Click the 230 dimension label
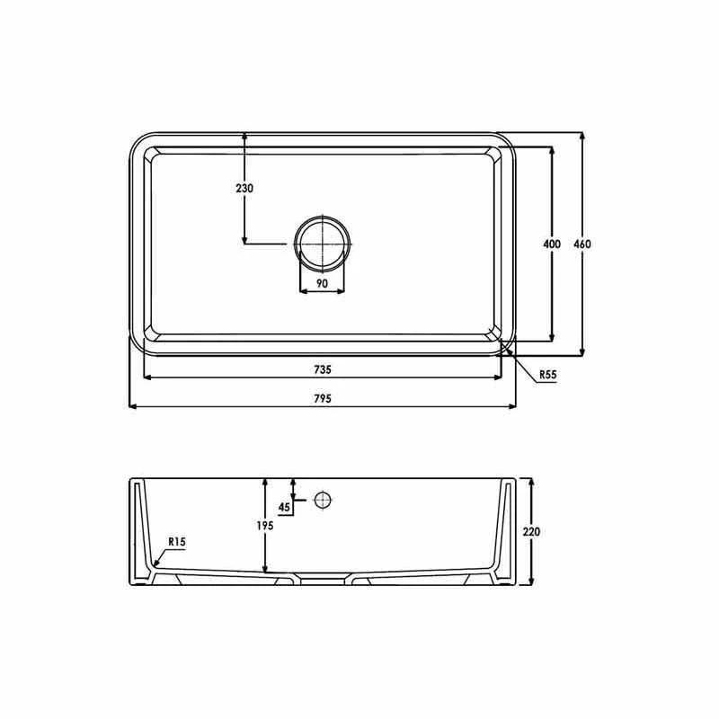point(244,189)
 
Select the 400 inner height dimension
point(552,244)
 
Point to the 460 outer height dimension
point(583,244)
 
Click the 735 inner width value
point(323,369)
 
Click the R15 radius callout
point(177,542)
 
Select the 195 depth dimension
point(264,525)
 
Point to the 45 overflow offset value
point(285,507)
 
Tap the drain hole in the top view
point(322,244)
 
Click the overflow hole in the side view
point(323,500)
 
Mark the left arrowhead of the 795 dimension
point(134,407)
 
